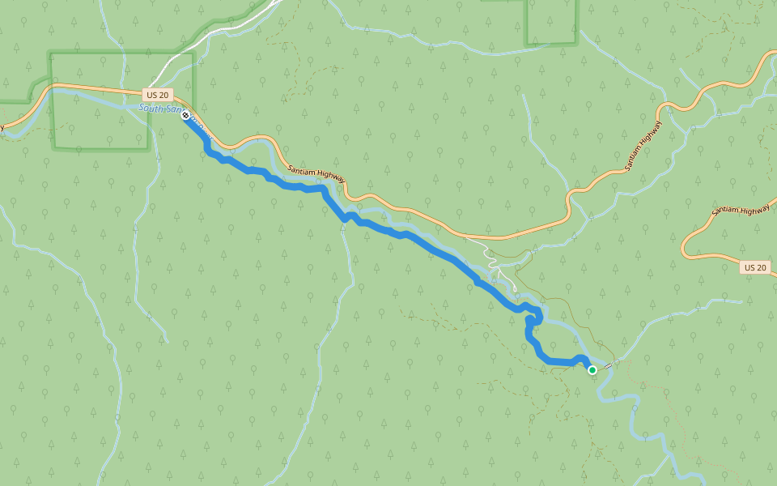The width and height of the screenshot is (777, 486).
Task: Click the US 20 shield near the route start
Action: [158, 95]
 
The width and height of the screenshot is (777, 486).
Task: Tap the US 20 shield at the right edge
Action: [755, 267]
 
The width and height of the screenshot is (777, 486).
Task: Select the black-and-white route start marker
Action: [186, 115]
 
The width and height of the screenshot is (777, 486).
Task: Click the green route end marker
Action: [592, 370]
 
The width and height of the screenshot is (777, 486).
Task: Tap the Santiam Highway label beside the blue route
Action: [316, 172]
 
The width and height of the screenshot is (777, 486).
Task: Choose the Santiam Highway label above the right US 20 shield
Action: [741, 210]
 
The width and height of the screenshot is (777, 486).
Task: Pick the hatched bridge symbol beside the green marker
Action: [607, 366]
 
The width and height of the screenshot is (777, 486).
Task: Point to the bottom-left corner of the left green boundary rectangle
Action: [53, 148]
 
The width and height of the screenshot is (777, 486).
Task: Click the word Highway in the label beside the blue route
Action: [331, 177]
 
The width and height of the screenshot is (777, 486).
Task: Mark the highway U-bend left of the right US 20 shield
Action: [686, 243]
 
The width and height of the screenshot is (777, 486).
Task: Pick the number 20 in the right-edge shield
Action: [760, 267]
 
